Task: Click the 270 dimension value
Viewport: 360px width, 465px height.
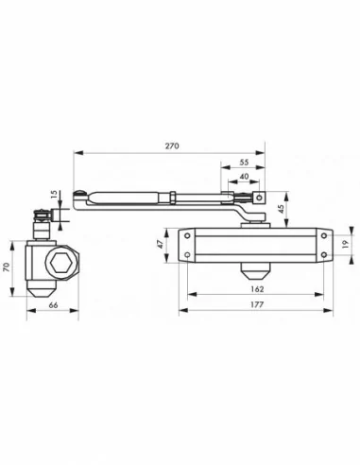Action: pos(172,147)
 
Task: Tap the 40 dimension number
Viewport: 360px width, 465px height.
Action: pos(245,177)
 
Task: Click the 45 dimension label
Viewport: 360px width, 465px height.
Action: pos(280,210)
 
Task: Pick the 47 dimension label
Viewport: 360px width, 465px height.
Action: pos(161,243)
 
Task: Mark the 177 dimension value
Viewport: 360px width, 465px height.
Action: pos(256,306)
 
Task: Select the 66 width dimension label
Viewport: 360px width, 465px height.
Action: pos(53,306)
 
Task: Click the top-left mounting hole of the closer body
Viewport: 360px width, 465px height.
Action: pos(187,233)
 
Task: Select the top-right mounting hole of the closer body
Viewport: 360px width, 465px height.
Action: pos(323,233)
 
